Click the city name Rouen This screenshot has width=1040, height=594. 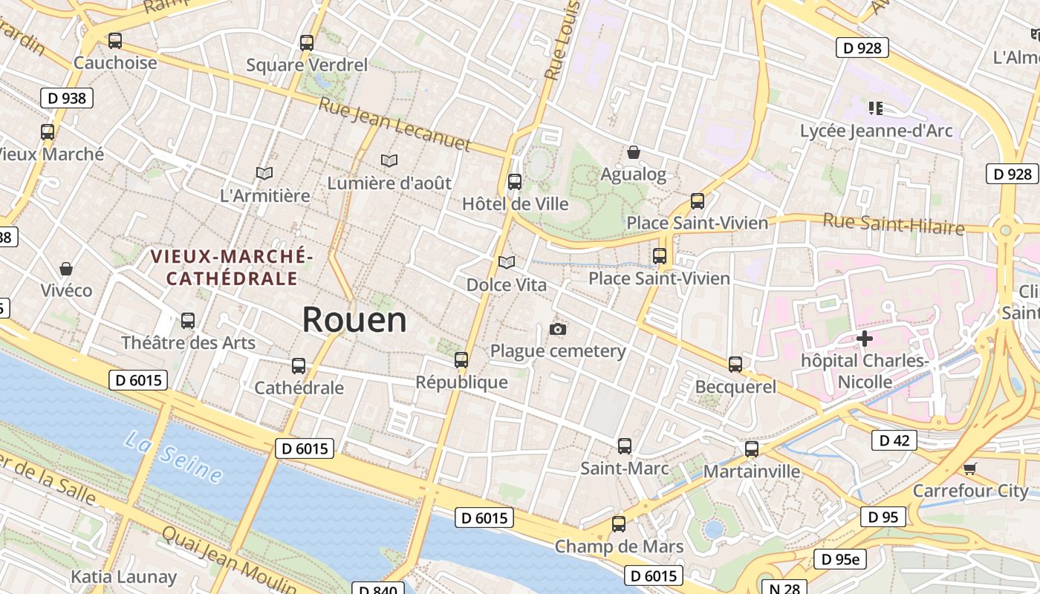(354, 320)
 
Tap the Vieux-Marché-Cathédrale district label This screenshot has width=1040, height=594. (232, 268)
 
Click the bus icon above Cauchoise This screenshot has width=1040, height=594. (114, 41)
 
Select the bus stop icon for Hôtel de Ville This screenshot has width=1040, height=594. (514, 182)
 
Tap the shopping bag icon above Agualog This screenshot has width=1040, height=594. (634, 153)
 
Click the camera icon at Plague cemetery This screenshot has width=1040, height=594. (558, 329)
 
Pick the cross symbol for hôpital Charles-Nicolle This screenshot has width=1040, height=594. (864, 339)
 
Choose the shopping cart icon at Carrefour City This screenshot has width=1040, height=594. (969, 469)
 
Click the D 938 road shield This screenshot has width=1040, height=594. (67, 98)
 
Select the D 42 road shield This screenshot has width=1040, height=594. (894, 440)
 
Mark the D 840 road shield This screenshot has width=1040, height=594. (377, 590)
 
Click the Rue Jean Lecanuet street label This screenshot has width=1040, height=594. (394, 124)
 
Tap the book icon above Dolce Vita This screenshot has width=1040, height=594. (507, 262)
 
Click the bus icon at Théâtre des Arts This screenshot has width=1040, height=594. (188, 321)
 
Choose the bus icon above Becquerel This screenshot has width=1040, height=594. (735, 365)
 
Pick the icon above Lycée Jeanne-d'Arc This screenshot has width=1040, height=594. (876, 108)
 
